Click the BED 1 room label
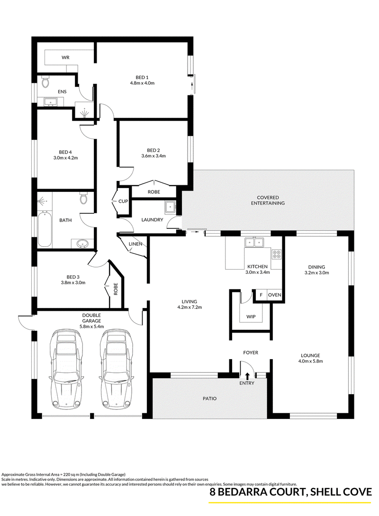point(142,77)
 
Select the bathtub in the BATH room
point(45,230)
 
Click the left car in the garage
point(65,369)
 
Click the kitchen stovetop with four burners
point(276,253)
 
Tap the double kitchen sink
point(254,243)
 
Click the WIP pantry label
point(251,317)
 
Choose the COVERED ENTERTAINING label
point(268,200)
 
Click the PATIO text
point(209,398)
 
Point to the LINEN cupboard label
point(135,244)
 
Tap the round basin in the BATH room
point(82,244)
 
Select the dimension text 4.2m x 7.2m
point(189,308)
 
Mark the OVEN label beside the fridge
point(274,295)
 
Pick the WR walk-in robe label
point(65,58)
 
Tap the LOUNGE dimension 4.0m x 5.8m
point(310,361)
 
